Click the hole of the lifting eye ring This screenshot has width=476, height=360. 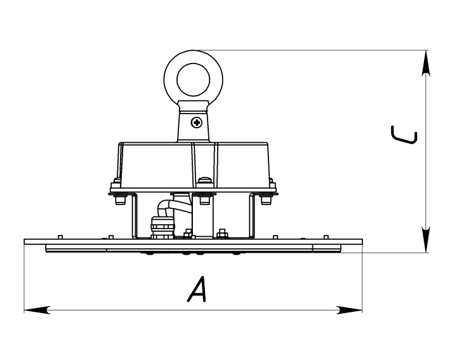[x=194, y=80]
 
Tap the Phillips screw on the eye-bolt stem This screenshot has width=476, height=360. [x=196, y=123]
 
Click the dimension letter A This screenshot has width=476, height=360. [x=197, y=289]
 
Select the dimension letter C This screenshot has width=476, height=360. [x=405, y=135]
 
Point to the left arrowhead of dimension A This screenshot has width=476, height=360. [x=37, y=310]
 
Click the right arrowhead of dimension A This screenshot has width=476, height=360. [x=350, y=310]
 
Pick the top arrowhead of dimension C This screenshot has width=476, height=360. [x=426, y=63]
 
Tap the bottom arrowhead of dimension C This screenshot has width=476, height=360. [x=426, y=239]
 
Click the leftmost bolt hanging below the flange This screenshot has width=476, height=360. [x=120, y=199]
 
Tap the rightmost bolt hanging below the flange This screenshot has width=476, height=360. [x=266, y=199]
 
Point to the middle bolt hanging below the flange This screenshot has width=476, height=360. [x=204, y=199]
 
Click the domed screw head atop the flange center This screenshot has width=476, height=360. [x=205, y=182]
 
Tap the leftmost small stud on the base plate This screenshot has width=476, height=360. [x=60, y=237]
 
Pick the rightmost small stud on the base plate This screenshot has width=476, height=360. [x=326, y=237]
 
